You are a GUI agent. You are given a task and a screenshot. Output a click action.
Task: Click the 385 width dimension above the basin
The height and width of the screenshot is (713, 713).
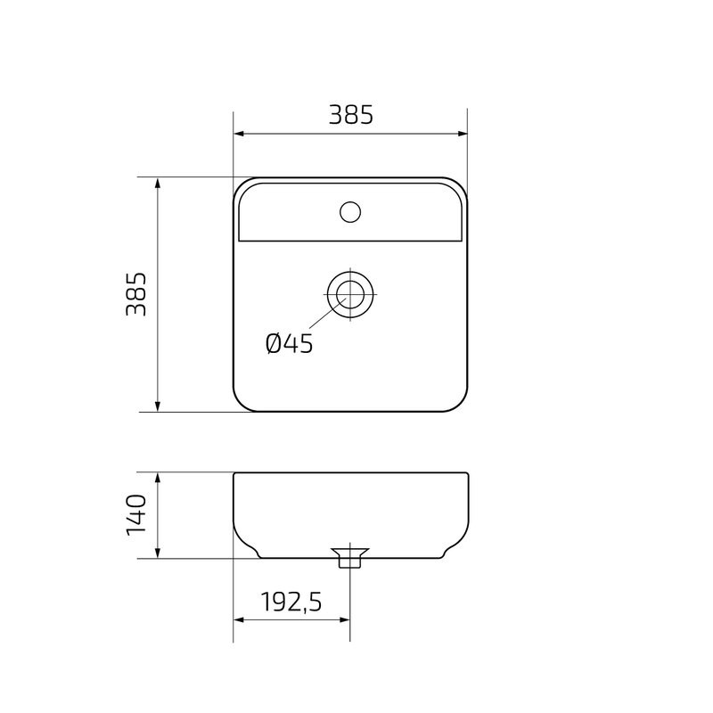[350, 115]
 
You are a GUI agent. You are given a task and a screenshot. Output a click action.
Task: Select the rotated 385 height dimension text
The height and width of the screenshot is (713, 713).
[135, 294]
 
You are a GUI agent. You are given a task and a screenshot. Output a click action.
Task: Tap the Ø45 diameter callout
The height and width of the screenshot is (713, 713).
[290, 343]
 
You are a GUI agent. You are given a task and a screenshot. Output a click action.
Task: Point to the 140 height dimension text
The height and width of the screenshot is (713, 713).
[135, 514]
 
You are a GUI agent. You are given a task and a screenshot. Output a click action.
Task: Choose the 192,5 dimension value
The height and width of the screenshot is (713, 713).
[291, 602]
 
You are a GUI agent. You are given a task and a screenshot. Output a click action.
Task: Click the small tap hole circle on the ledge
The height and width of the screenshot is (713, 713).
[350, 212]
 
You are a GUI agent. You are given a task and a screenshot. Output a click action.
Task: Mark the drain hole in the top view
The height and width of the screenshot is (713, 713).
[350, 293]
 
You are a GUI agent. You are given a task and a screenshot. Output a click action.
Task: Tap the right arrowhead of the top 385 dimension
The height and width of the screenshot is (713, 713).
[463, 134]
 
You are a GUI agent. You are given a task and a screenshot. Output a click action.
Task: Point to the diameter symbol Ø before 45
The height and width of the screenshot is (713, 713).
[275, 343]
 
